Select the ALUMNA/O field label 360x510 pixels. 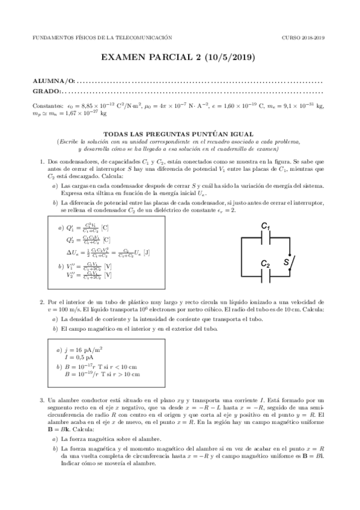coord(54,81)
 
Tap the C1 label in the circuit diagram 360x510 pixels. coord(265,226)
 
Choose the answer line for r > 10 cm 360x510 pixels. coord(102,374)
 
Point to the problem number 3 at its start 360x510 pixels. coord(41,400)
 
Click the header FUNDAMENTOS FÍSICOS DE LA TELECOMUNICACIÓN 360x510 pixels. coord(97,37)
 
